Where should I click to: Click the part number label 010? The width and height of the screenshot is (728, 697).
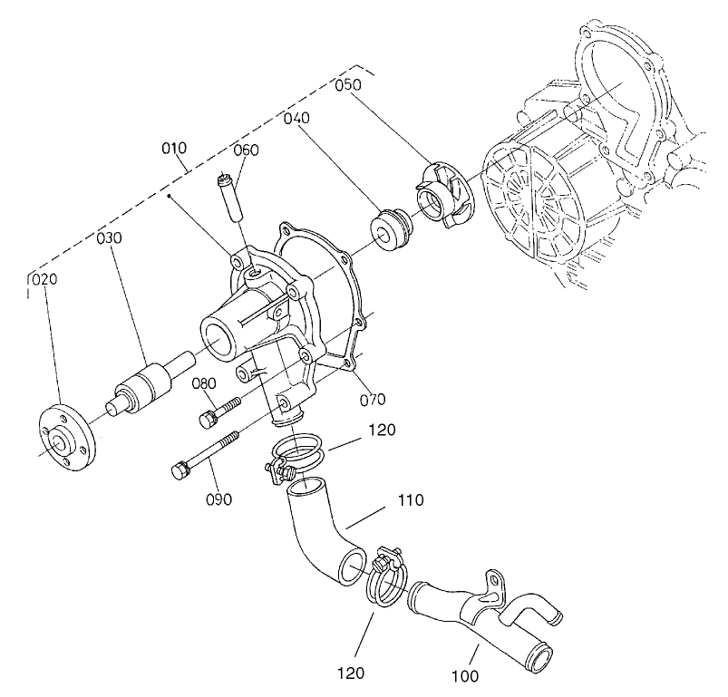(175, 149)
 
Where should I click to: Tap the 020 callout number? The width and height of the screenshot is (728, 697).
(44, 279)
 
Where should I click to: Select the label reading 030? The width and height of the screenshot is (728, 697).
(111, 237)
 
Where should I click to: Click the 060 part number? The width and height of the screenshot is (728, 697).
(247, 150)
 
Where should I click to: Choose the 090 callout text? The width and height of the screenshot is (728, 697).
(218, 499)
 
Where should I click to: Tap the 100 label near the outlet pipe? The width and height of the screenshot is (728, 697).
(465, 675)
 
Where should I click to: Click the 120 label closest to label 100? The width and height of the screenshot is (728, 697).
(351, 673)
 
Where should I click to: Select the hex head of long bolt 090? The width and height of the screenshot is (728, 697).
(179, 471)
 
